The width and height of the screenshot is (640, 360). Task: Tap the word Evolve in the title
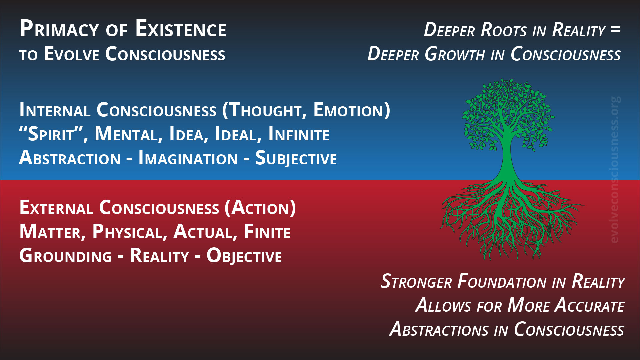pyautogui.click(x=72, y=54)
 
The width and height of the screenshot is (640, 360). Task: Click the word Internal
pyautogui.click(x=55, y=110)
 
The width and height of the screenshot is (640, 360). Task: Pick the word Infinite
pyautogui.click(x=299, y=134)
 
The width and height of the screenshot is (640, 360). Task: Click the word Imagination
pyautogui.click(x=188, y=158)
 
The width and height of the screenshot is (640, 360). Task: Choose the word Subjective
pyautogui.click(x=296, y=158)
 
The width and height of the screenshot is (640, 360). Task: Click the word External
pyautogui.click(x=56, y=208)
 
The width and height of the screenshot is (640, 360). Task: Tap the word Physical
pyautogui.click(x=130, y=232)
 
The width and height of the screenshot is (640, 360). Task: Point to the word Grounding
pyautogui.click(x=66, y=256)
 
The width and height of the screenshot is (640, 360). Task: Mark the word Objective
pyautogui.click(x=244, y=256)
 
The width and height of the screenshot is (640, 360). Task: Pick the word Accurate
pyautogui.click(x=589, y=305)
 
